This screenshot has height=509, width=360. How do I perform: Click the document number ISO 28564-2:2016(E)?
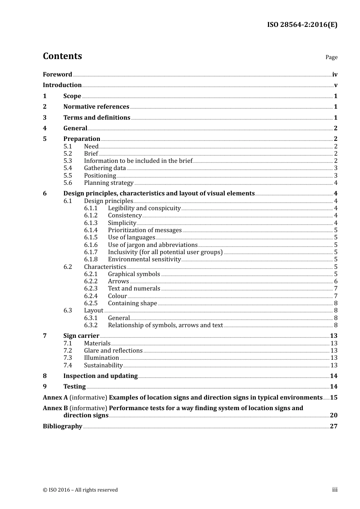(302, 25)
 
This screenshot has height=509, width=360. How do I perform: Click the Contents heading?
(62, 56)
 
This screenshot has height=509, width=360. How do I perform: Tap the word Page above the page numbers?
(331, 57)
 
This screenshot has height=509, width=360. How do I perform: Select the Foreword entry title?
(57, 74)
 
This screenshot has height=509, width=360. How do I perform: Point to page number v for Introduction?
(335, 85)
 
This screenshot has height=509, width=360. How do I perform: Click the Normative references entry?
(96, 107)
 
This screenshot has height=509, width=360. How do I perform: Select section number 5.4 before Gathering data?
(67, 168)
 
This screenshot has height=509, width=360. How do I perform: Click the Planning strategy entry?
(109, 183)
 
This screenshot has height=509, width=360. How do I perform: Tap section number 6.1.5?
(91, 237)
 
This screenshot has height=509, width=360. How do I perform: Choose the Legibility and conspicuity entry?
(144, 208)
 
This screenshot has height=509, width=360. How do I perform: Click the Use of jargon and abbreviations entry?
(153, 245)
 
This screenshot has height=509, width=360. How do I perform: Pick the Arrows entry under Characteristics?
(118, 281)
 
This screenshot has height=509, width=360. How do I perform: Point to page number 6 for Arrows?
(336, 281)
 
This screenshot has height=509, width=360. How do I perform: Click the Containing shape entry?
(132, 303)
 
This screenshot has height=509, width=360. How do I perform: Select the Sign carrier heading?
(81, 336)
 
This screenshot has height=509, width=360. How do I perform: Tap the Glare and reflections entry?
(113, 351)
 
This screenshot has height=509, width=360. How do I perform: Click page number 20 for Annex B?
(333, 415)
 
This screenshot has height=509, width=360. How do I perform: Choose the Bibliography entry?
(63, 426)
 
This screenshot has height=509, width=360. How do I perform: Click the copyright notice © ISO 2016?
(80, 490)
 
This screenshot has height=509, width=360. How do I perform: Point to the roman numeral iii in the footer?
(335, 490)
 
